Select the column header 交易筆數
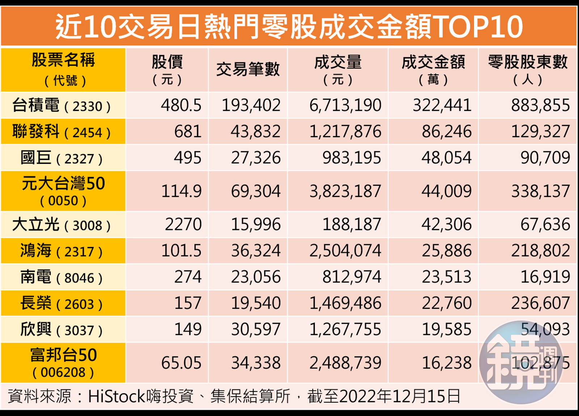[x=248, y=70]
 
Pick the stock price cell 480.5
[x=181, y=105]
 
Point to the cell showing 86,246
[x=447, y=131]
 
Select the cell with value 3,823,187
[x=345, y=191]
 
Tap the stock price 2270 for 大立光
[x=183, y=224]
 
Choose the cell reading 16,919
[x=545, y=277]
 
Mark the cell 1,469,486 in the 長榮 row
[x=345, y=303]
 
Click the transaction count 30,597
[x=255, y=329]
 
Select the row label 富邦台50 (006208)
[x=63, y=363]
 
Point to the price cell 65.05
[x=181, y=363]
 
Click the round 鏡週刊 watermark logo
[x=521, y=362]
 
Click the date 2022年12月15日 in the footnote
[x=400, y=396]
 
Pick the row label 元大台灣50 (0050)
[x=63, y=191]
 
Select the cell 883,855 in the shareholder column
[x=540, y=105]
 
